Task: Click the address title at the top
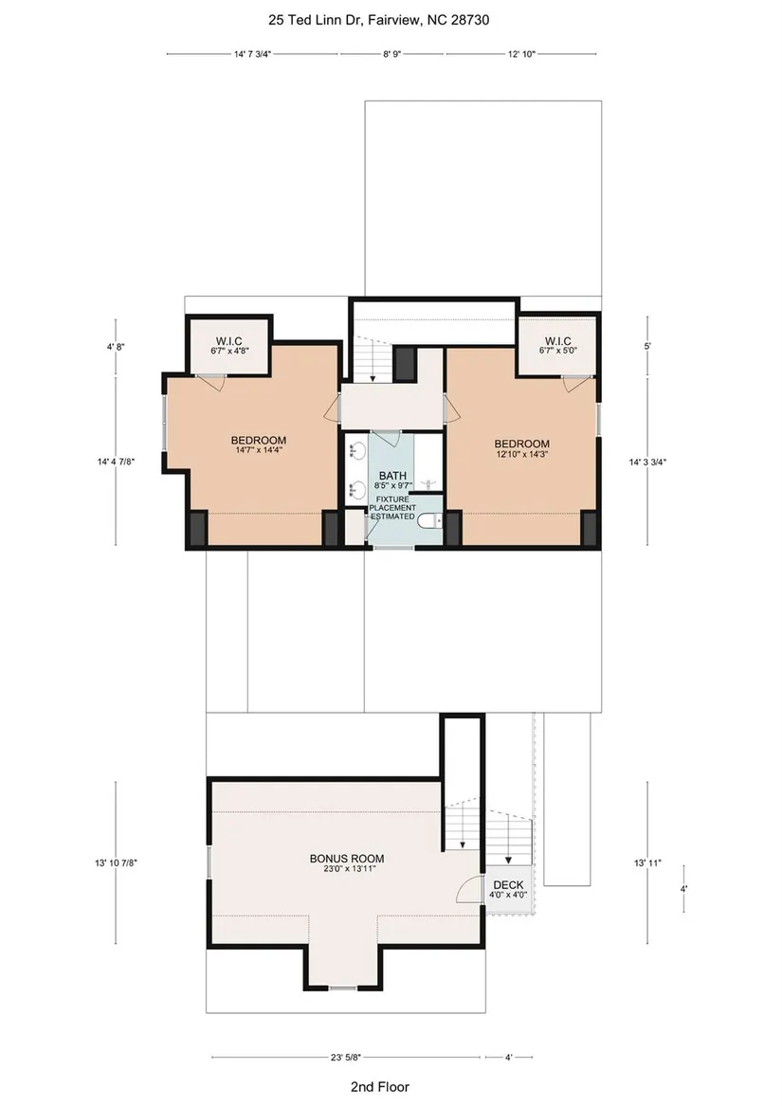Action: pyautogui.click(x=378, y=20)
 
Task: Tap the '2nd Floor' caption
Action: pyautogui.click(x=380, y=1087)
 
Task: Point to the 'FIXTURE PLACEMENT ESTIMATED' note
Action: pyautogui.click(x=392, y=508)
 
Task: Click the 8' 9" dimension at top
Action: pyautogui.click(x=391, y=54)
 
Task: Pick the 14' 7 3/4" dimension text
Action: pyautogui.click(x=253, y=54)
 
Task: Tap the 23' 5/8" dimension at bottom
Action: pyautogui.click(x=346, y=1058)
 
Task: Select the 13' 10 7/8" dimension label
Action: pyautogui.click(x=116, y=862)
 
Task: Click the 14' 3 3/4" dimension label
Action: pyautogui.click(x=648, y=462)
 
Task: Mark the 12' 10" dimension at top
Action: pyautogui.click(x=521, y=54)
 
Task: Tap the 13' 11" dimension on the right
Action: pyautogui.click(x=648, y=862)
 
